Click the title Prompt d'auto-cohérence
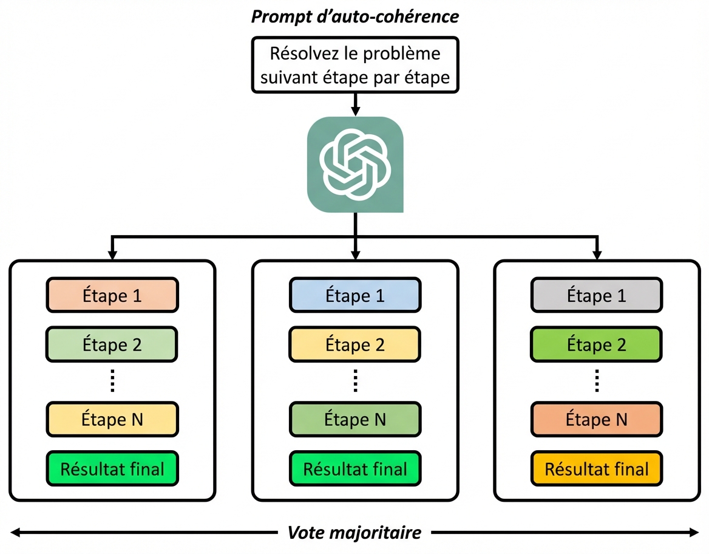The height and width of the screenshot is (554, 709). click(355, 16)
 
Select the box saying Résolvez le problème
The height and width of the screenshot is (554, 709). click(355, 64)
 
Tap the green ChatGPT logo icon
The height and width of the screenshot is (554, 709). click(355, 164)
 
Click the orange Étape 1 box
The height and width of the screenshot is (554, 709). click(112, 296)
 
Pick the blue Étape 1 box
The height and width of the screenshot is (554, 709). click(355, 296)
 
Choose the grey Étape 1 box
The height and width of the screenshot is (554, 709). click(597, 296)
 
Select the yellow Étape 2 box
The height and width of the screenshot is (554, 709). click(355, 345)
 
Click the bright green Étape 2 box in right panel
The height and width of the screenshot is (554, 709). click(597, 345)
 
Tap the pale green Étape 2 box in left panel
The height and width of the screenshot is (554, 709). click(112, 345)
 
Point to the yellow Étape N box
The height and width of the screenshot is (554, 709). click(112, 419)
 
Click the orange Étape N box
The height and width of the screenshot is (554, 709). click(597, 419)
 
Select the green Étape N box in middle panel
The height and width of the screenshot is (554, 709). click(355, 419)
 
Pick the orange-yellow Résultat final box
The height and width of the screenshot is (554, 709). click(597, 469)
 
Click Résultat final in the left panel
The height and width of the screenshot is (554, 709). click(112, 469)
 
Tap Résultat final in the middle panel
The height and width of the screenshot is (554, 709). click(355, 469)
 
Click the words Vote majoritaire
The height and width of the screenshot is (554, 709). click(355, 533)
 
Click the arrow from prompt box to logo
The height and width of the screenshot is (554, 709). click(355, 104)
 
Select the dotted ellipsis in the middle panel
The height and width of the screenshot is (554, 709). click(355, 382)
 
